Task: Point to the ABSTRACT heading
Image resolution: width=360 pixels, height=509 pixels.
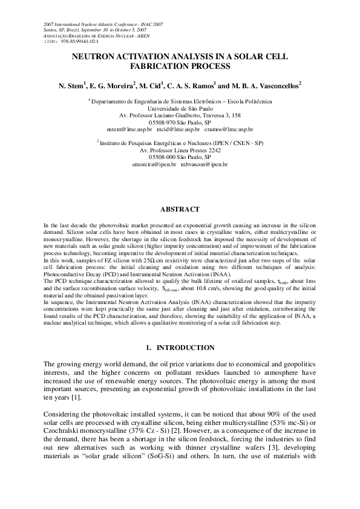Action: click(180, 209)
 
